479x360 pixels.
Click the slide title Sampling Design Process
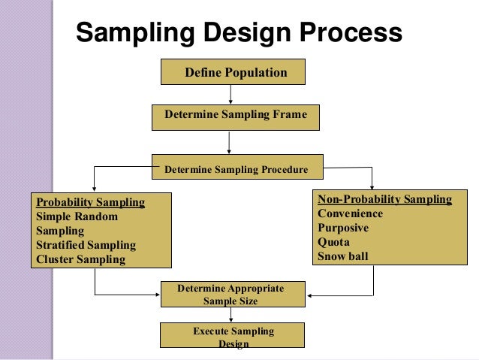point(239,33)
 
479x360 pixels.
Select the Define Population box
point(234,73)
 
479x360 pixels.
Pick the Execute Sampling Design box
point(233,337)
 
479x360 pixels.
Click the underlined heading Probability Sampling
point(90,202)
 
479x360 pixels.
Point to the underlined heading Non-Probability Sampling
point(384,199)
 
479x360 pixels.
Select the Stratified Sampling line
point(86,245)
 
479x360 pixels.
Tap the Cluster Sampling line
point(80,260)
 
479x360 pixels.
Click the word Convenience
point(350,213)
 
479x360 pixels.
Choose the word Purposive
point(344,228)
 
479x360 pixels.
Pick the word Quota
point(333,242)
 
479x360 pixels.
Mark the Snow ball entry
point(342,256)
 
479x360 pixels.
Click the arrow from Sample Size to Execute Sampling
point(233,315)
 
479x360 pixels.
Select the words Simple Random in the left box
point(77,216)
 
